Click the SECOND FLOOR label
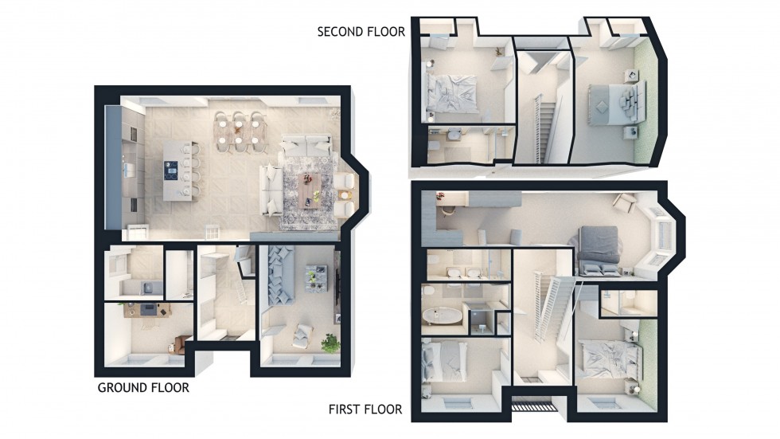(361, 32)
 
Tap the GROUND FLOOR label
(143, 388)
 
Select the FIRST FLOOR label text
(365, 410)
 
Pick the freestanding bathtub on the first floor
(443, 316)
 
